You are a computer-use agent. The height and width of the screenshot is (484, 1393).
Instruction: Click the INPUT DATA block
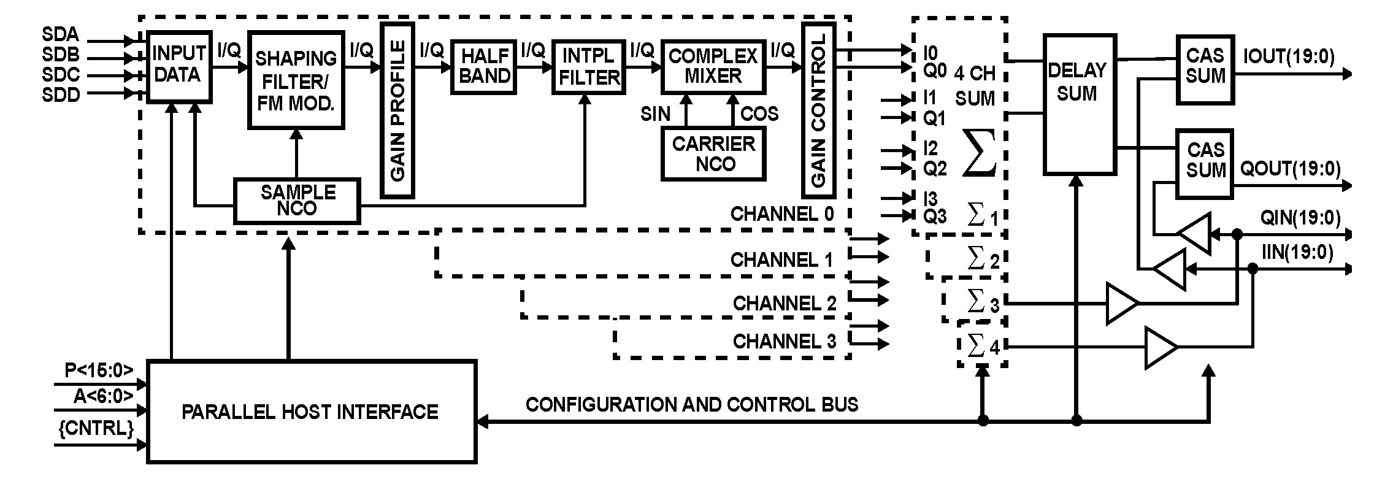(x=179, y=66)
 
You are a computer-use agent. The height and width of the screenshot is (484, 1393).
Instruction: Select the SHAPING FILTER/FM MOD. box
(x=296, y=80)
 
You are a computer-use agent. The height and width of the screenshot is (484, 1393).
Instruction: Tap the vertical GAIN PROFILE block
(x=397, y=110)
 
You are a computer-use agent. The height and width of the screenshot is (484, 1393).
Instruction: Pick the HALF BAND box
(x=483, y=66)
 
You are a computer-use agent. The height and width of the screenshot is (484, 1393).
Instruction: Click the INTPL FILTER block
(x=589, y=67)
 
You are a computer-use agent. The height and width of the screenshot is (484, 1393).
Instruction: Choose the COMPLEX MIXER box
(x=713, y=66)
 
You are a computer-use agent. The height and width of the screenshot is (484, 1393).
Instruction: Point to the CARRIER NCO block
(x=713, y=155)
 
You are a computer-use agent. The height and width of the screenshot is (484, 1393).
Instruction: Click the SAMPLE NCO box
(x=297, y=201)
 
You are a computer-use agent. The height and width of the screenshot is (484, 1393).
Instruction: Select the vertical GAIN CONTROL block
(x=818, y=110)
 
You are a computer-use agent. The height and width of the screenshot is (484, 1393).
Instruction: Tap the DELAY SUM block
(x=1078, y=104)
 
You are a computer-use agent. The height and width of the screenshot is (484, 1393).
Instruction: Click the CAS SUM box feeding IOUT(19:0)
(x=1205, y=69)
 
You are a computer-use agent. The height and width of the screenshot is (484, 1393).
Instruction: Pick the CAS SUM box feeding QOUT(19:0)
(x=1205, y=163)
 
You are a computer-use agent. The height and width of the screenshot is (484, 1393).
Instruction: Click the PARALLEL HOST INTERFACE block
(x=311, y=411)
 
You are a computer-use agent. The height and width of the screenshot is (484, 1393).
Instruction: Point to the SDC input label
(x=61, y=75)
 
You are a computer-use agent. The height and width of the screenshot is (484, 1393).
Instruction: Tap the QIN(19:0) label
(x=1299, y=218)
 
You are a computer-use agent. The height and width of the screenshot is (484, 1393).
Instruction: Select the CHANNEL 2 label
(x=784, y=303)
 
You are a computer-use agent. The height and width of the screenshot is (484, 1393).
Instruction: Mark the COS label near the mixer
(x=759, y=114)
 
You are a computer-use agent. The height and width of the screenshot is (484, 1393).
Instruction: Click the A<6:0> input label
(x=102, y=396)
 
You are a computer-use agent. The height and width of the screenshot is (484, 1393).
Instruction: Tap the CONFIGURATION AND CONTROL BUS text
(x=691, y=404)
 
